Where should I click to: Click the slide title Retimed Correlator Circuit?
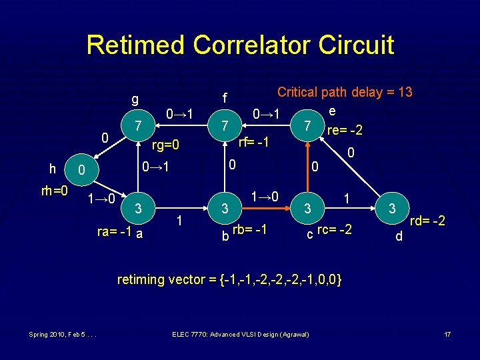coord(240,45)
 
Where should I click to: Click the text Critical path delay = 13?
coord(345,92)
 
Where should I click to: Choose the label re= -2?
coord(345,129)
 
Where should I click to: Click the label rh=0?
coord(54,191)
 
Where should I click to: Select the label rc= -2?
coord(335,231)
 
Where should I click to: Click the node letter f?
coord(225,98)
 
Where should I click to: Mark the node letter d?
coord(398,235)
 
